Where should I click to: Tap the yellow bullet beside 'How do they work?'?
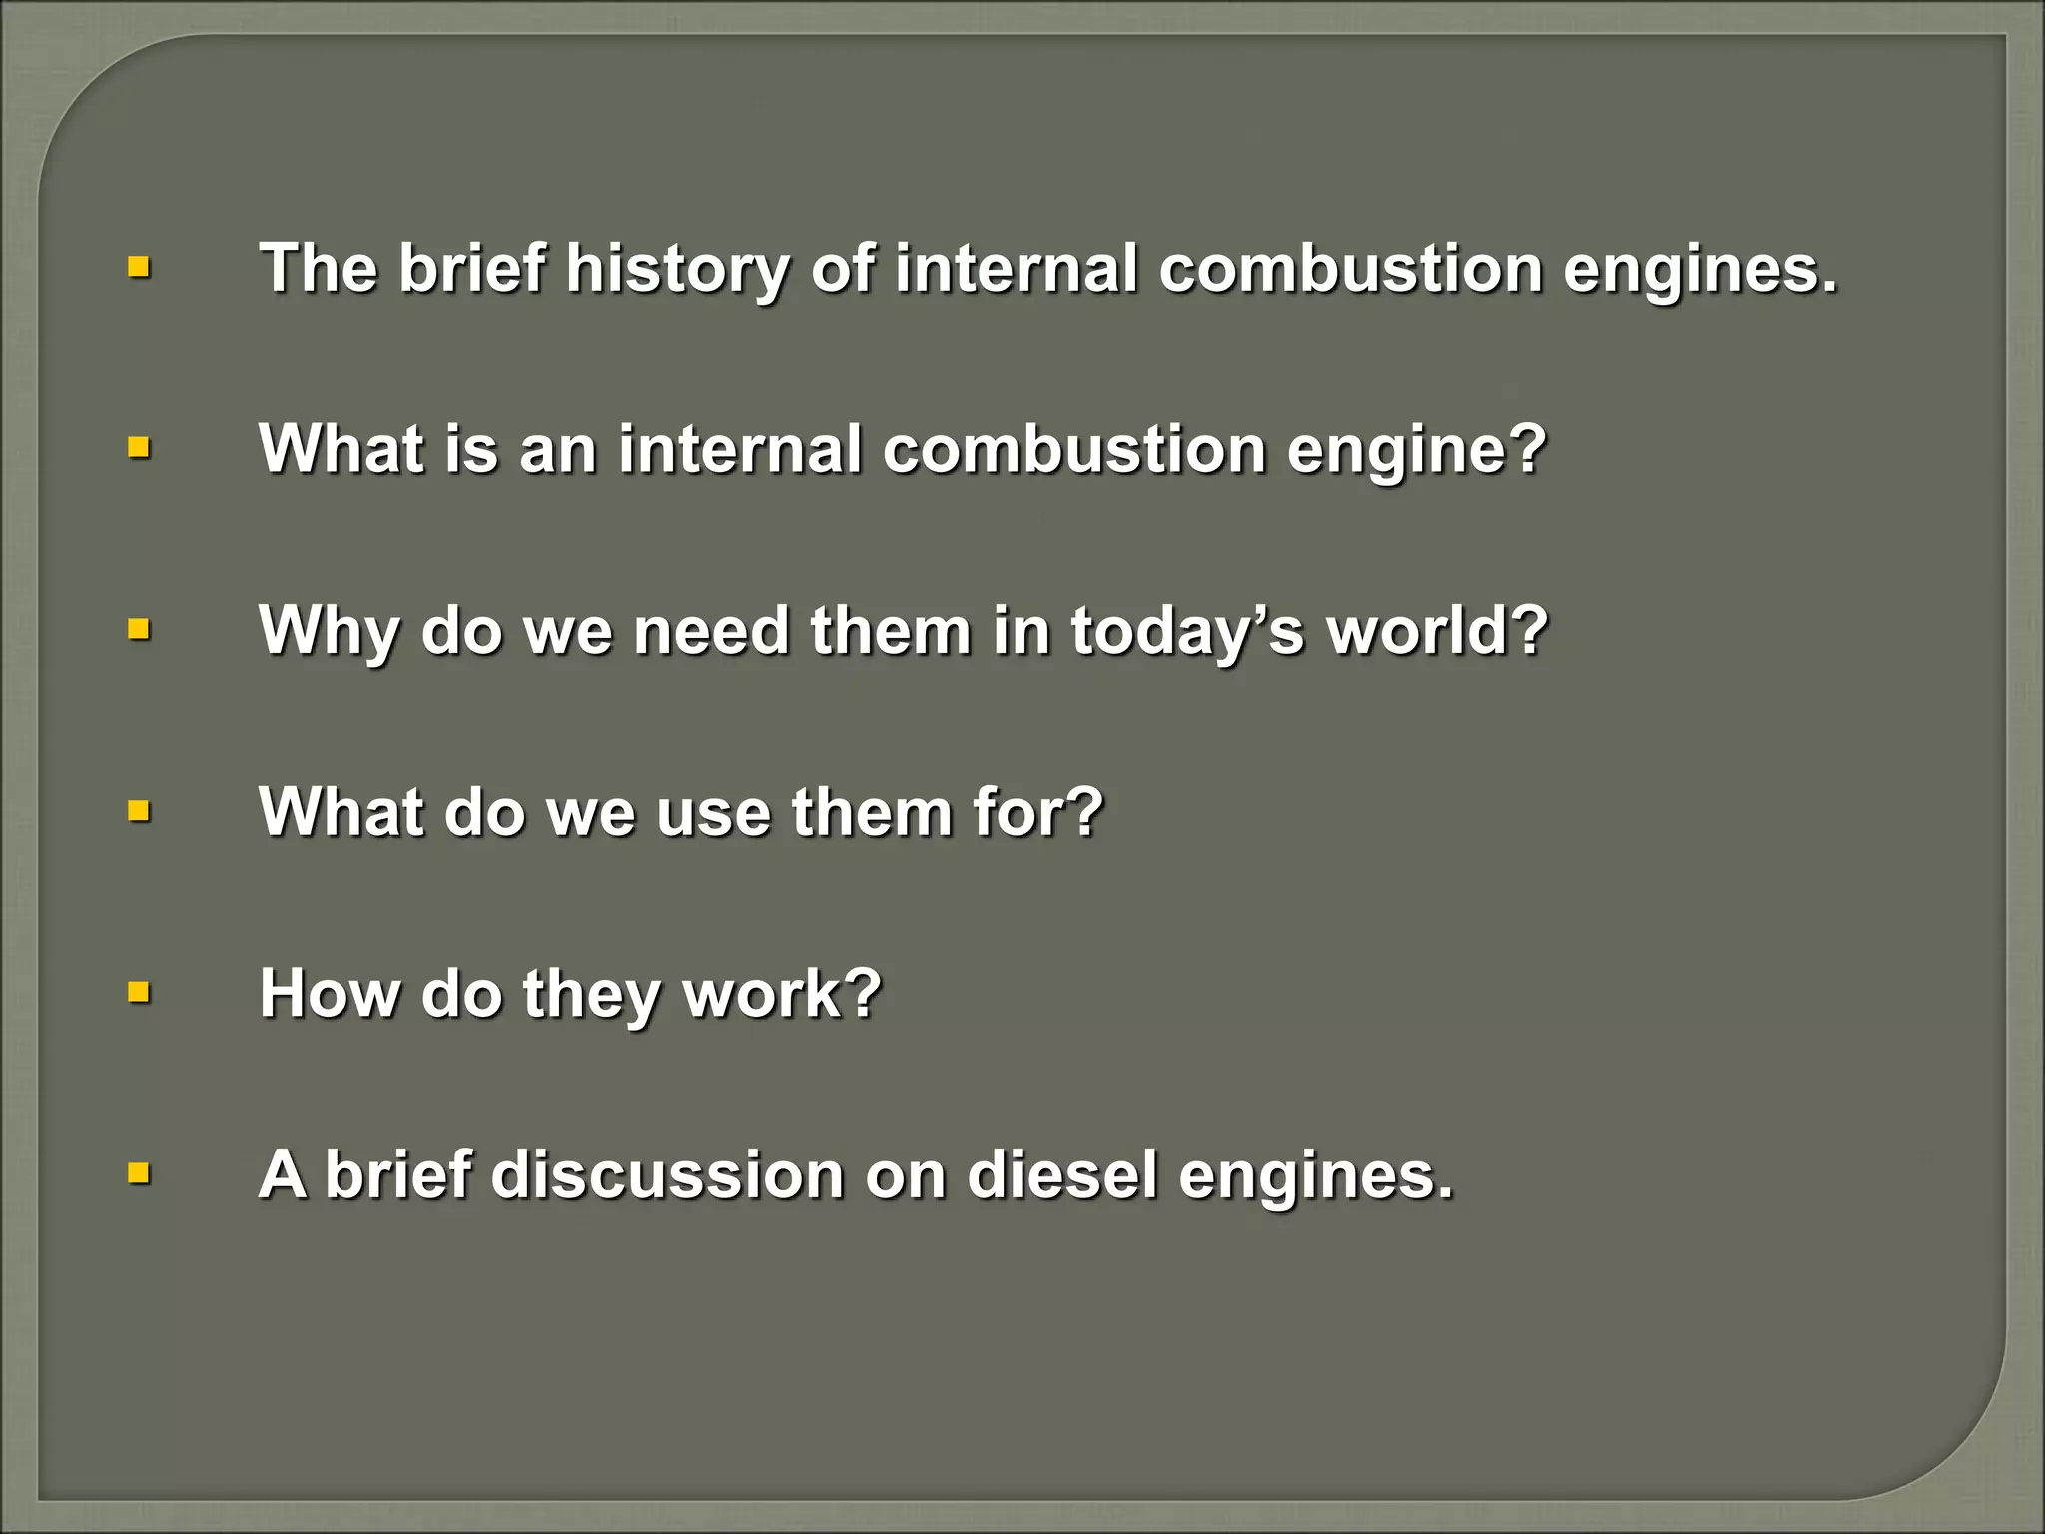(x=139, y=993)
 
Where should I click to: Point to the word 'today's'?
(x=1187, y=631)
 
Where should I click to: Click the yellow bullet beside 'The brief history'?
(x=139, y=268)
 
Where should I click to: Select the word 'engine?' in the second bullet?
(x=1416, y=450)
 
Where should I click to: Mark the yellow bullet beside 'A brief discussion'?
(x=139, y=1173)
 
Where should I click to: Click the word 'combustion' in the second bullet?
(x=1072, y=450)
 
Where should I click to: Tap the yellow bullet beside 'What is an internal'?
(x=139, y=449)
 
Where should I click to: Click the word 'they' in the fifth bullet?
(x=589, y=993)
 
